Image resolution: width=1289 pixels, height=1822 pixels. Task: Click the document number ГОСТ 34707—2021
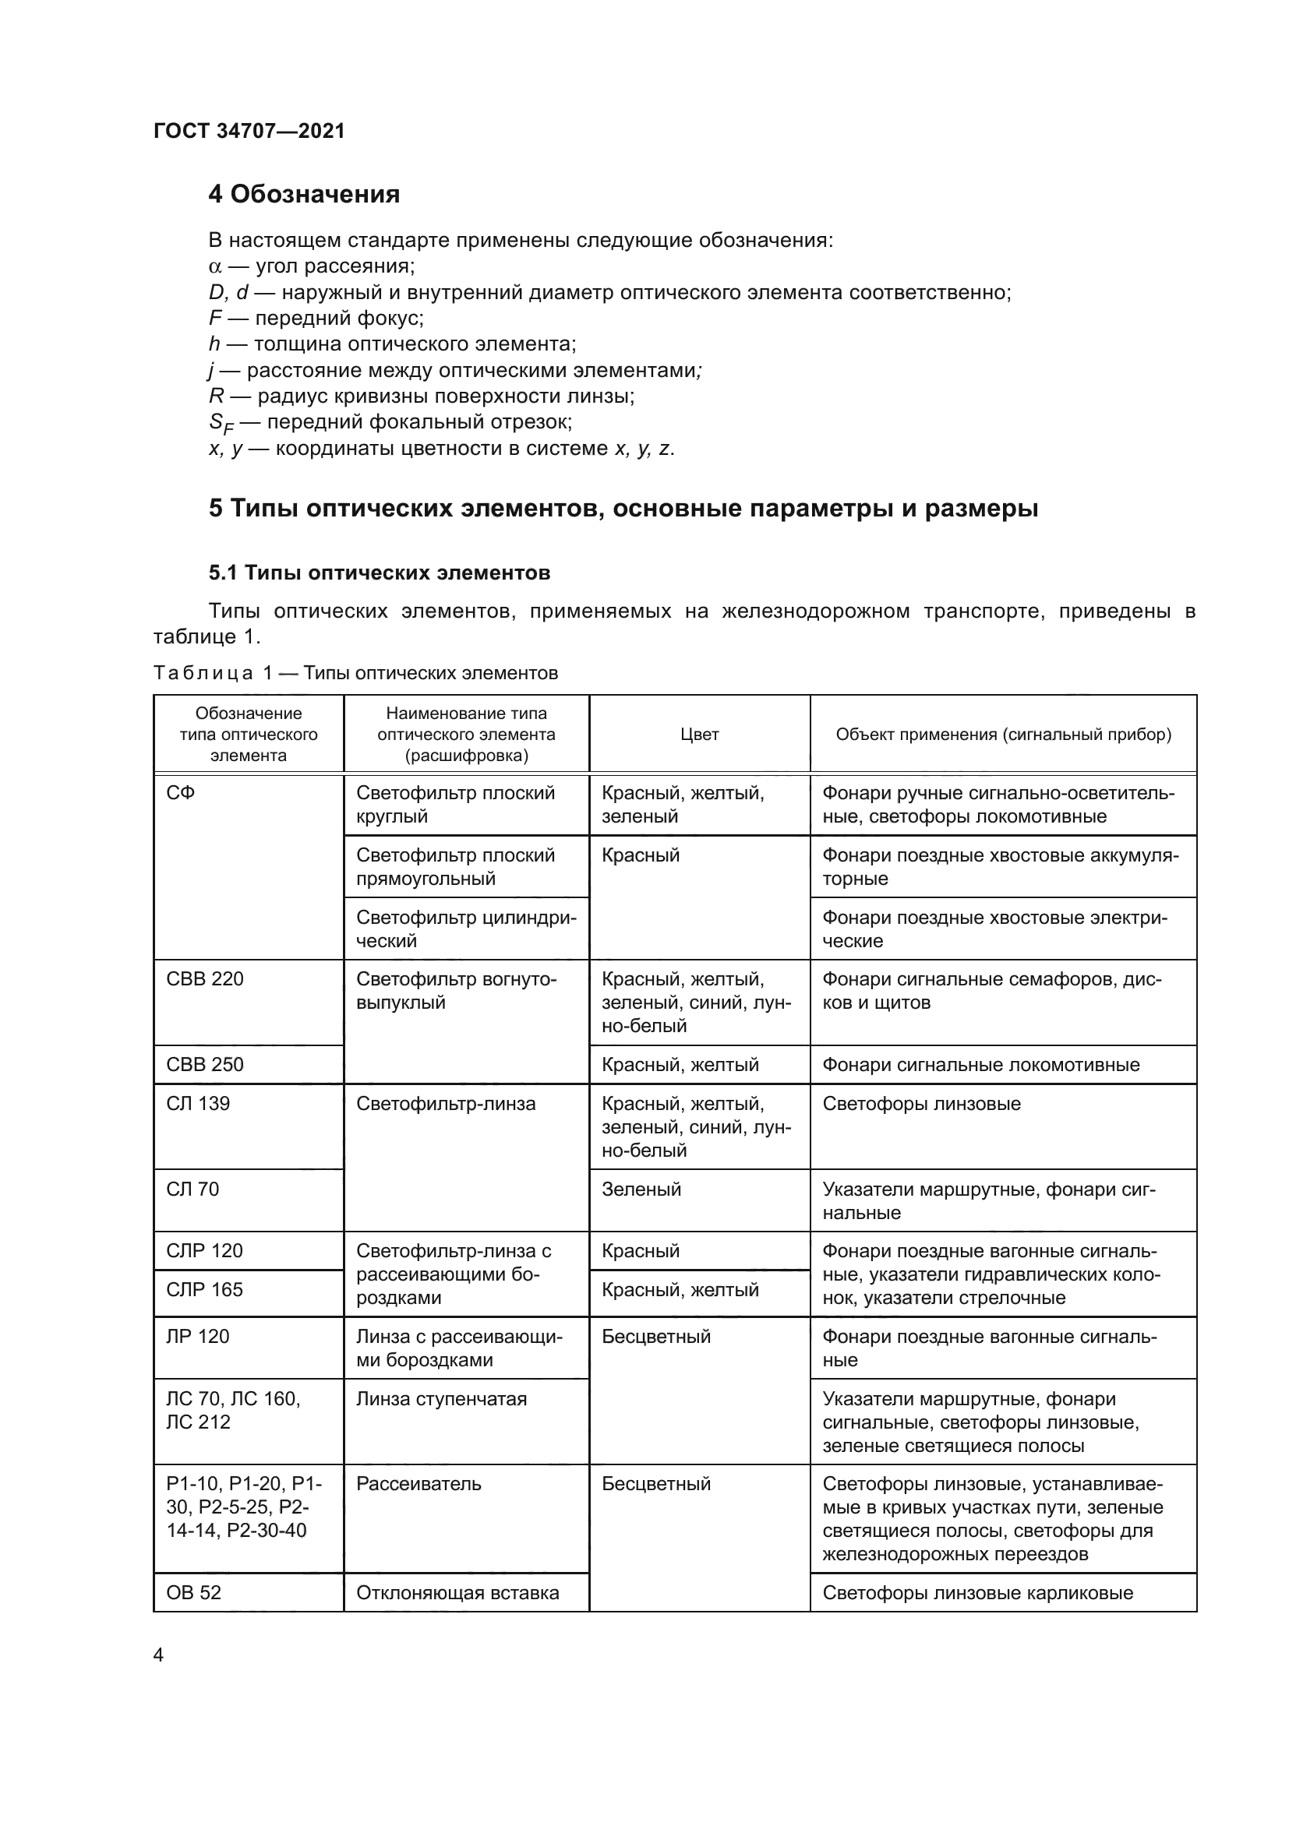click(249, 131)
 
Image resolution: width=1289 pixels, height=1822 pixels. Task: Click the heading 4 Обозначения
click(304, 194)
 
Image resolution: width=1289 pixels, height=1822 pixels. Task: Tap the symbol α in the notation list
click(214, 266)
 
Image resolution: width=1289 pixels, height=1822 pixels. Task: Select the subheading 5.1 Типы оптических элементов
click(380, 573)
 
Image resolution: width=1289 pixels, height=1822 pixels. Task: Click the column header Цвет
click(699, 734)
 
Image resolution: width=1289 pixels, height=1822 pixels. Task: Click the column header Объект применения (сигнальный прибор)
click(1003, 734)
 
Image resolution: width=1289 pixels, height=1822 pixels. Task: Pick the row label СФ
click(181, 793)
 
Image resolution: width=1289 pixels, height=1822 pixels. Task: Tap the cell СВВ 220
click(205, 978)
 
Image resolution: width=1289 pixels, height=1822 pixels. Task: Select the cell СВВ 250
click(205, 1064)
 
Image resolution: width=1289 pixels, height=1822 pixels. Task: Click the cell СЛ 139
click(198, 1103)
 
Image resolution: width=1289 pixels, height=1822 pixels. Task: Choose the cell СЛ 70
click(192, 1189)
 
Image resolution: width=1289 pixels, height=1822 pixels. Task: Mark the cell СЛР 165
click(204, 1289)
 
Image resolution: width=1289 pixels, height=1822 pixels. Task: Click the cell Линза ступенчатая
click(441, 1398)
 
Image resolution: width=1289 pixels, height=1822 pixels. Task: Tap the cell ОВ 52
click(194, 1593)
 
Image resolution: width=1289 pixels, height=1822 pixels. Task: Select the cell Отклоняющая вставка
click(457, 1593)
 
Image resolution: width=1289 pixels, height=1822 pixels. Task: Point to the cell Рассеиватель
click(418, 1484)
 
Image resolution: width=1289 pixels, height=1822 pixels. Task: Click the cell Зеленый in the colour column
click(641, 1189)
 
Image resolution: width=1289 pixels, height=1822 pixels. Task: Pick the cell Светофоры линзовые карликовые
click(978, 1593)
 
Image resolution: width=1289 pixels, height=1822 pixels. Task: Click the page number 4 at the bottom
click(158, 1655)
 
